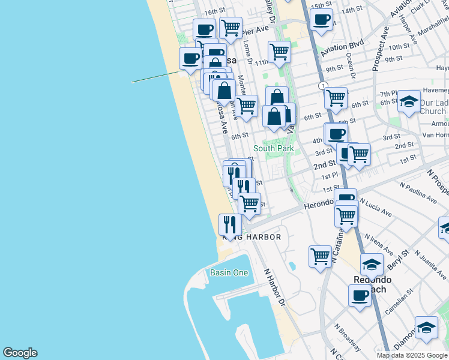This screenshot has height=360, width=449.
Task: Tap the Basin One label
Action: coord(229,272)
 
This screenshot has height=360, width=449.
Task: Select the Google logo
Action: coord(20,353)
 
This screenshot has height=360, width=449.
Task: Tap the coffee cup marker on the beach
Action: coord(191,59)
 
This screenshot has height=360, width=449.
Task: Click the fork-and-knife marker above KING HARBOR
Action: coord(230,224)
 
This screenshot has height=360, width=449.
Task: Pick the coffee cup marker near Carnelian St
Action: coord(360,295)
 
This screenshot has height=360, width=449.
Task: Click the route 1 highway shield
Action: coord(324,86)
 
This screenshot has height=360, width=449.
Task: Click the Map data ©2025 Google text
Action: coord(411,355)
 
